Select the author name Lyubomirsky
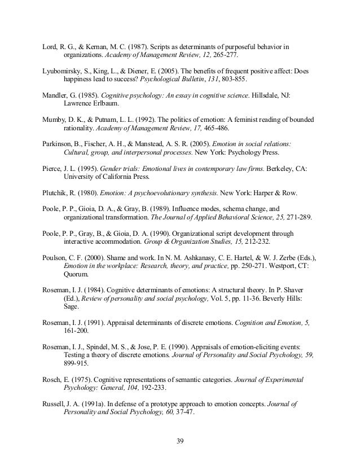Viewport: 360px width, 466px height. (64, 72)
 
